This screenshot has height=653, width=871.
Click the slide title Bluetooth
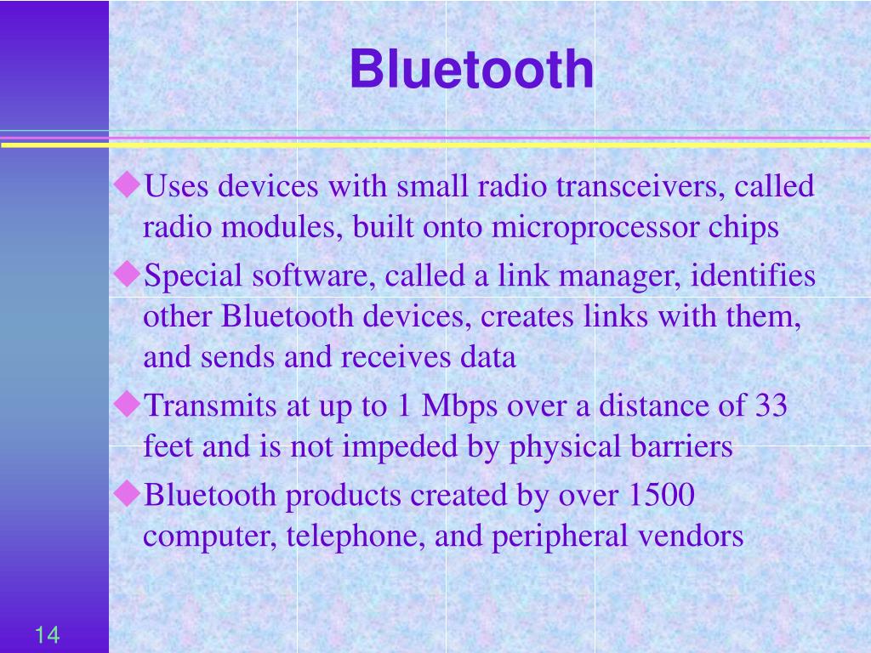pos(471,69)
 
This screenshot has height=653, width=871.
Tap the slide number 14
pos(48,634)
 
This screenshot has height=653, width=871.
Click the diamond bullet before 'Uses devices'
pos(128,185)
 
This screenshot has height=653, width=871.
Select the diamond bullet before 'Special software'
pos(128,274)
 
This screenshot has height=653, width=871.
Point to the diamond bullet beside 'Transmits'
pos(128,404)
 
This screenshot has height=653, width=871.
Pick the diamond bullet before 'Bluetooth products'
pos(128,493)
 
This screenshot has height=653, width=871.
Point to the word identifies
pos(753,275)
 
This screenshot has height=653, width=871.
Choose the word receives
pos(396,357)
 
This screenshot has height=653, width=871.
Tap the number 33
pos(771,406)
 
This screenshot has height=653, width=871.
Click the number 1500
pos(662,495)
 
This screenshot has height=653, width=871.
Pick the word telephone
pos(356,537)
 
